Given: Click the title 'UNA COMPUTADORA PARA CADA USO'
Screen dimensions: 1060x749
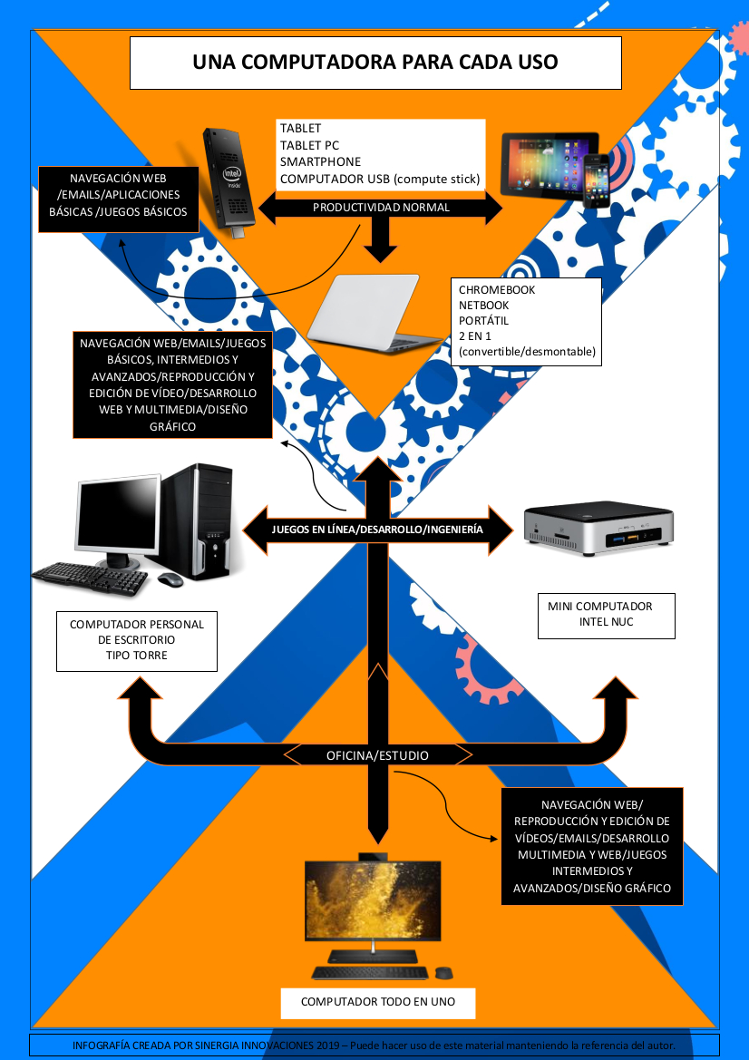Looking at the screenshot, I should [375, 63].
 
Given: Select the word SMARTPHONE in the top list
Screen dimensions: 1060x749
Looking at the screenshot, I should [320, 161].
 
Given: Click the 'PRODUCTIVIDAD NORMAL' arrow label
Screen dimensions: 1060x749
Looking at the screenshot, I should [381, 208].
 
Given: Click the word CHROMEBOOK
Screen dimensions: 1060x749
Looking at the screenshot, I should [497, 290].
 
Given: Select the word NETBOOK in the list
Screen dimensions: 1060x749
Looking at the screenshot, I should [484, 306].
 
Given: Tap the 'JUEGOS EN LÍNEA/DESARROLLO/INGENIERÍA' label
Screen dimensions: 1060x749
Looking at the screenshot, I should [377, 530].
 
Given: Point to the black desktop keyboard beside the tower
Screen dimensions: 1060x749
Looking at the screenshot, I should [91, 577].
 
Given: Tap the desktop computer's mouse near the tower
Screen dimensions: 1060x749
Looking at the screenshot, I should [170, 579].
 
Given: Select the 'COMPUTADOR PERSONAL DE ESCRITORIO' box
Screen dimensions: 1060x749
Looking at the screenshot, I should [137, 639].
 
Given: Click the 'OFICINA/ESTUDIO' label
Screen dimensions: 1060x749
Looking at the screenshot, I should [377, 755].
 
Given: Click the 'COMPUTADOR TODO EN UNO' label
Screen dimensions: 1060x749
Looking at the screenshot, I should [378, 1002].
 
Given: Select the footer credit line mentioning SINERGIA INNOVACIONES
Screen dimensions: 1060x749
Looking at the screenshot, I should [374, 1045].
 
